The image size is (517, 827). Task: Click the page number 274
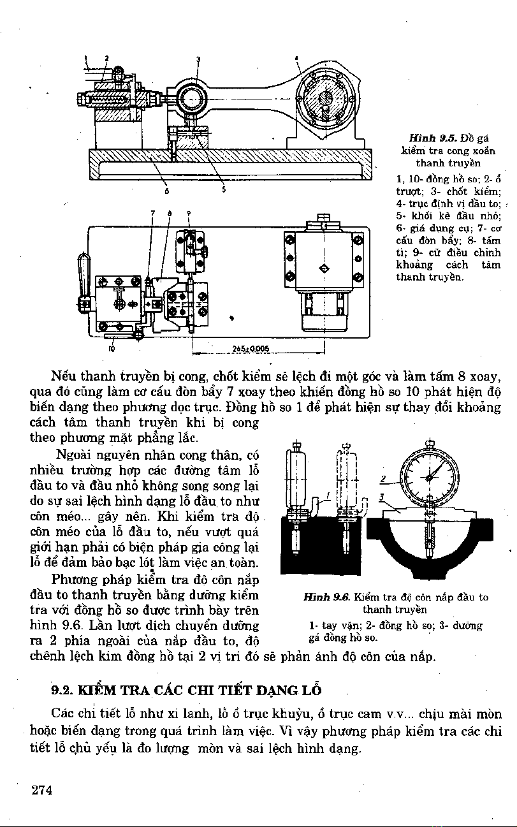click(x=41, y=791)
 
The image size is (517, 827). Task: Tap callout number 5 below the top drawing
click(x=224, y=189)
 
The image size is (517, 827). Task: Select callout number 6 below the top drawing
click(x=167, y=189)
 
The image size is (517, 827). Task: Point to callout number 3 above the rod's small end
click(x=198, y=59)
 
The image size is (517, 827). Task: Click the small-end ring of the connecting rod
click(x=191, y=99)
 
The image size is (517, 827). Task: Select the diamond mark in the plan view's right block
click(x=325, y=267)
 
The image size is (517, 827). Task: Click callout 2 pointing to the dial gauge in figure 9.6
click(x=384, y=478)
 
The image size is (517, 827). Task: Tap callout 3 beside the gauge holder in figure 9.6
click(x=381, y=497)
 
